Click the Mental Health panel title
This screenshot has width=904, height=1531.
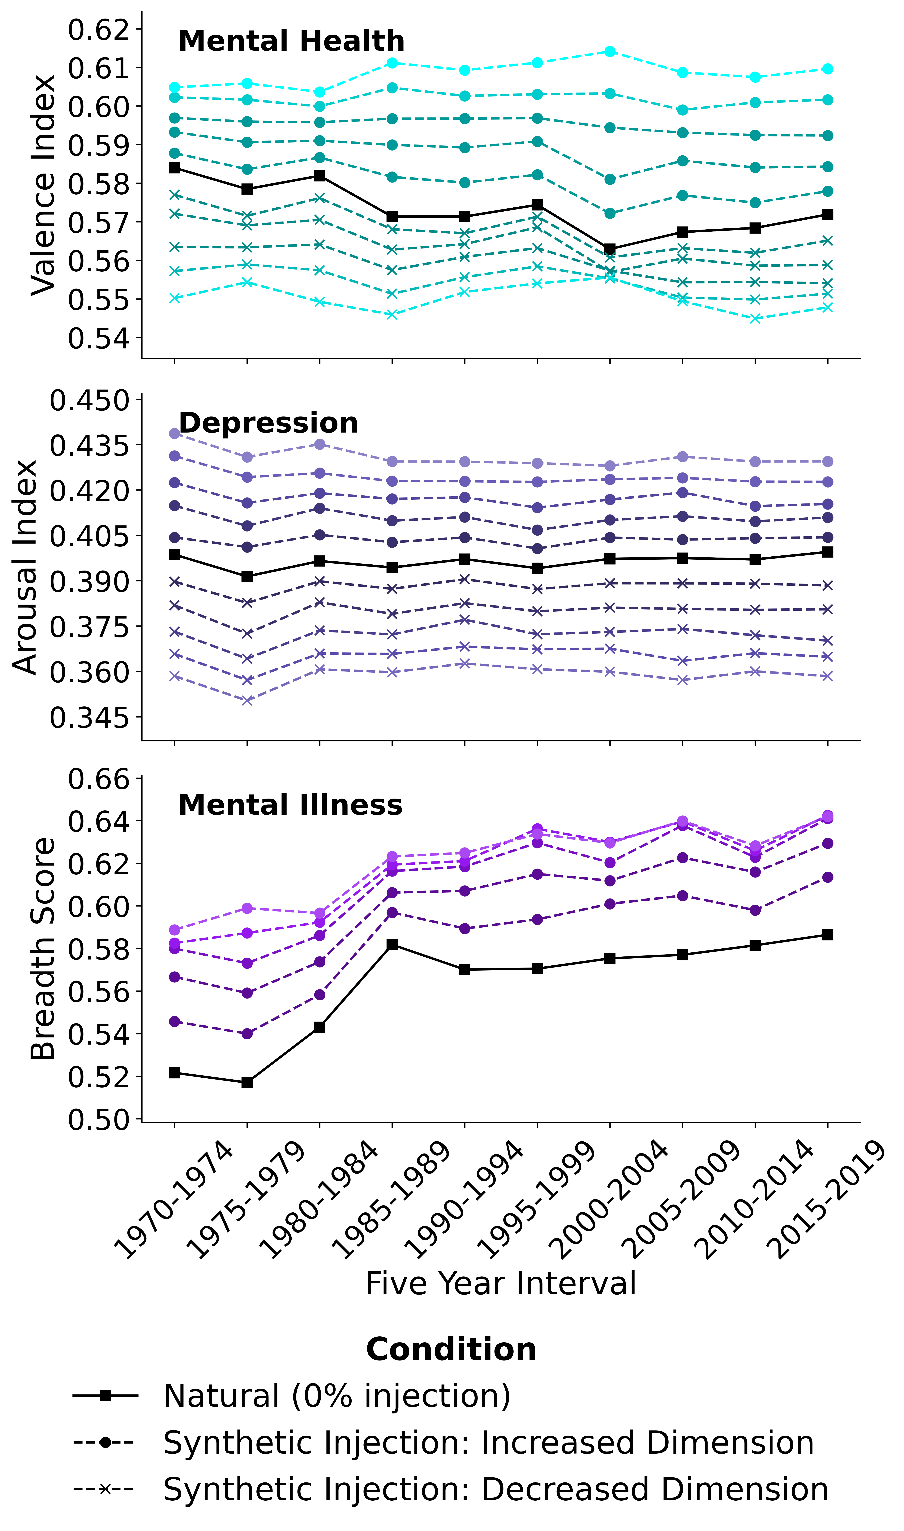291,41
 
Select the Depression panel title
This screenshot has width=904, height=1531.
268,423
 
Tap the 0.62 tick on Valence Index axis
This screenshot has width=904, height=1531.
99,29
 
